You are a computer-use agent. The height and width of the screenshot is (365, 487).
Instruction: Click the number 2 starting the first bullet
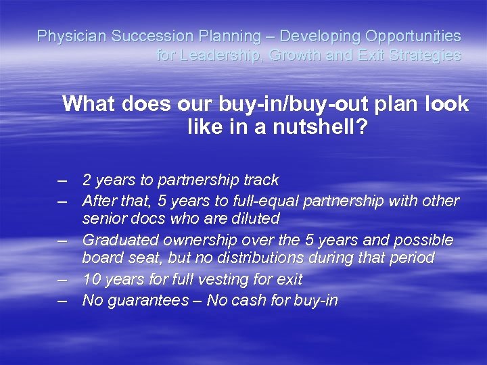tap(87, 180)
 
